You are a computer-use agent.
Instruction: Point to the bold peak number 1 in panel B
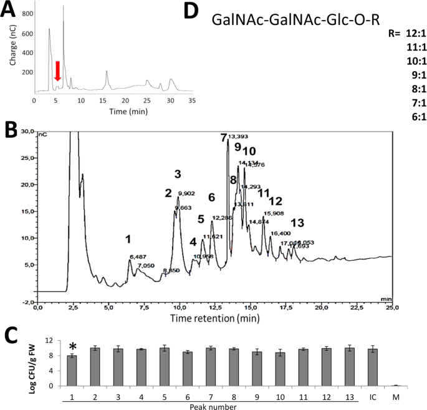[128, 239]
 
